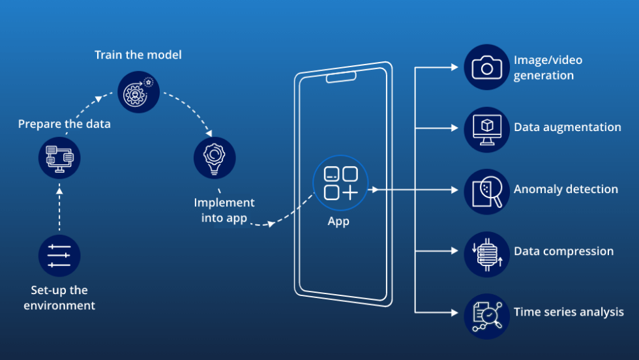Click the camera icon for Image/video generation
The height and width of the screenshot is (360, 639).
pos(486,67)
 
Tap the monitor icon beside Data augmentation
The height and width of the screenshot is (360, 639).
pos(486,129)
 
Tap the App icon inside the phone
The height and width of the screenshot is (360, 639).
pos(340,183)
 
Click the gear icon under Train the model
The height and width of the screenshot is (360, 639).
pos(138,91)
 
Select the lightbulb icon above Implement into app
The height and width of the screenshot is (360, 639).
pos(215,157)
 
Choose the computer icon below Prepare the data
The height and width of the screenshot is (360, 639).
pos(59,157)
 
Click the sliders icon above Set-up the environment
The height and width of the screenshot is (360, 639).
pos(59,256)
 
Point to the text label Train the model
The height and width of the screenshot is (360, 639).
pos(138,55)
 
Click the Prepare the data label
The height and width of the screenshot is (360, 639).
pos(64,124)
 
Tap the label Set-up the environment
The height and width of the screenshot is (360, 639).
pos(59,297)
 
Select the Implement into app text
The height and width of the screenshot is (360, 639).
pos(224,211)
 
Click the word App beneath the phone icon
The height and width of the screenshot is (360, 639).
pos(338,221)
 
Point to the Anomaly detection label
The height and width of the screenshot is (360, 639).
pos(565,189)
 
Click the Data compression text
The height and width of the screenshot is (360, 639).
pos(563,251)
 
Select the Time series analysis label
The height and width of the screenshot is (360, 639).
pos(569,312)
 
